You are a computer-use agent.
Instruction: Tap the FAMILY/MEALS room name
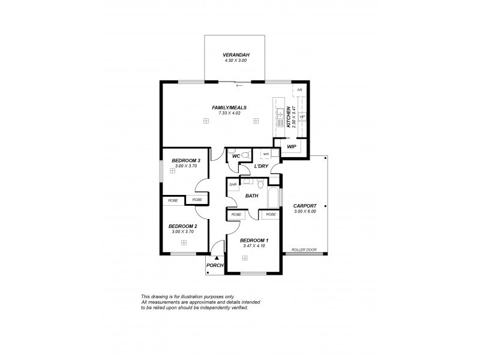point(229,107)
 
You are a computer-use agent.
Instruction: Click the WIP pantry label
point(292,146)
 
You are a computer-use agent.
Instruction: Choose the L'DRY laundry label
point(261,166)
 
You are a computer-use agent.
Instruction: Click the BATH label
point(252,196)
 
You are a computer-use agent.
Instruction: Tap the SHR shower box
point(233,185)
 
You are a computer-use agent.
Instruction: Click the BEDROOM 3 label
point(185,160)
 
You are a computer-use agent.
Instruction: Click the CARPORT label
point(305,206)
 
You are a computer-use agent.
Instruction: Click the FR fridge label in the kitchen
point(299,90)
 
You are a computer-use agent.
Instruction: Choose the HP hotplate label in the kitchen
point(302,116)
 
